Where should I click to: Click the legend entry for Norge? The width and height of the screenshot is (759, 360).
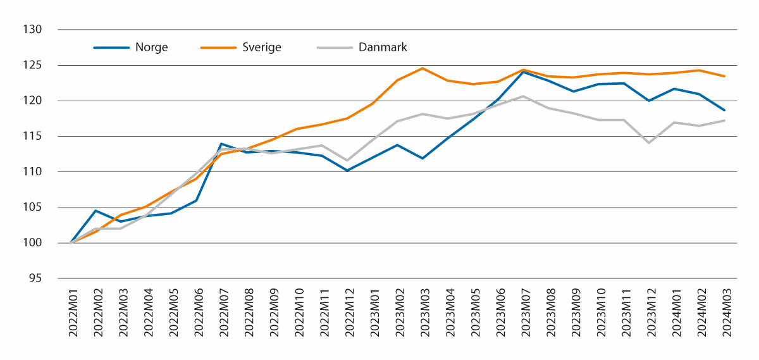tap(151, 47)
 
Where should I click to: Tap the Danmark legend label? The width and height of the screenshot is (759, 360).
tap(382, 47)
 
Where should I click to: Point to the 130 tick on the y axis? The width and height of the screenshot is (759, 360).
tap(33, 30)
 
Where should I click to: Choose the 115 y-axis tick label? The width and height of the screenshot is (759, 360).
tap(33, 136)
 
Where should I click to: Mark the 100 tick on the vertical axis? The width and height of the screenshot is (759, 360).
tap(33, 243)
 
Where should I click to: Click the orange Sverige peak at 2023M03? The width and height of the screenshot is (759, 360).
tap(423, 68)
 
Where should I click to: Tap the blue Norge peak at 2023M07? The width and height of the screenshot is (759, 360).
tap(523, 72)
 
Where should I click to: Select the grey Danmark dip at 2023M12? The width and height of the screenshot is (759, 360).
tap(649, 143)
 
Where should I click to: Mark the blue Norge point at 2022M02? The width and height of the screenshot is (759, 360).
tap(96, 211)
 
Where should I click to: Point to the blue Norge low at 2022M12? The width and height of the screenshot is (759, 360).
tap(347, 170)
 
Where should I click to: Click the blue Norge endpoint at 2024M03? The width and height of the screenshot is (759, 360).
tap(724, 110)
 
